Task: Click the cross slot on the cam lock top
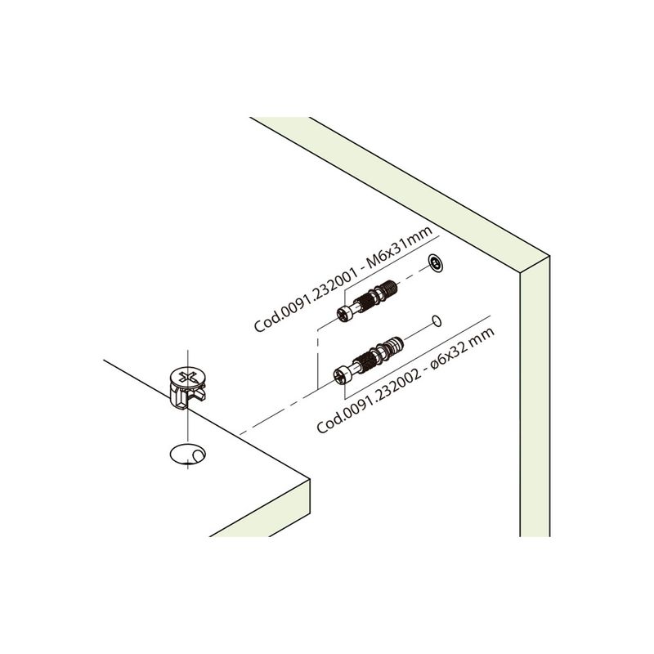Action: [188, 378]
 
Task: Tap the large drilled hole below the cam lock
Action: [188, 455]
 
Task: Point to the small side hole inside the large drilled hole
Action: [199, 455]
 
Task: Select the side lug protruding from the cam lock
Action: [199, 393]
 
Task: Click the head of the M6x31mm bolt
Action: [344, 314]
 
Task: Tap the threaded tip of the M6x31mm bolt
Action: [390, 288]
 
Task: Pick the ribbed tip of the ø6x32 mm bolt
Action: [396, 345]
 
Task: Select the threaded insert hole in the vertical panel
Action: [436, 264]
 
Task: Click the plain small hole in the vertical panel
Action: [437, 320]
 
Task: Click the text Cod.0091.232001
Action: [307, 299]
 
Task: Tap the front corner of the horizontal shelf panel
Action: [309, 479]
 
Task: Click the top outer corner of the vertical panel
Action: [549, 256]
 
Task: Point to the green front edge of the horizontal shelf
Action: [259, 508]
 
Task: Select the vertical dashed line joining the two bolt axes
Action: [318, 359]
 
